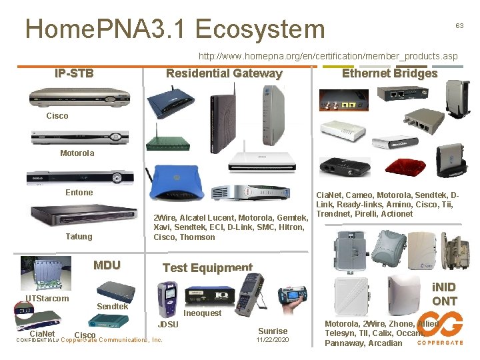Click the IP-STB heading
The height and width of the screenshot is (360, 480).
pos(74,73)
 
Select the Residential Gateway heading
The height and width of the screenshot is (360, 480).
pos(224,73)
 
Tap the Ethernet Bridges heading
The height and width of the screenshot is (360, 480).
pos(389,73)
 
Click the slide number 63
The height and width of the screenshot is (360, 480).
pos(459,25)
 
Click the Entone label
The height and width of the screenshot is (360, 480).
pos(79,193)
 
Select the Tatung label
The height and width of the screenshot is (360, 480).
pos(79,237)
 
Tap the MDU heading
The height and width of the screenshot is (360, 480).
pos(107,265)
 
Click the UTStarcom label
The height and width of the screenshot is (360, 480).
pos(47,298)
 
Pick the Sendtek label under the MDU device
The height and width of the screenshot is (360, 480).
pos(112,306)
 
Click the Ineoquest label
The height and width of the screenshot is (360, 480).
pos(203,313)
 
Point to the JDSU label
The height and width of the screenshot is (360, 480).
pos(167,325)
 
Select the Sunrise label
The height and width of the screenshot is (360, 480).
pos(273,331)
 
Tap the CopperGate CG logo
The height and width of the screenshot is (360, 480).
pos(440,329)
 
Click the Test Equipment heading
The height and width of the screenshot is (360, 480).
pos(207,267)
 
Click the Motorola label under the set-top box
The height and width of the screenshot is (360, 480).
pos(77,153)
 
